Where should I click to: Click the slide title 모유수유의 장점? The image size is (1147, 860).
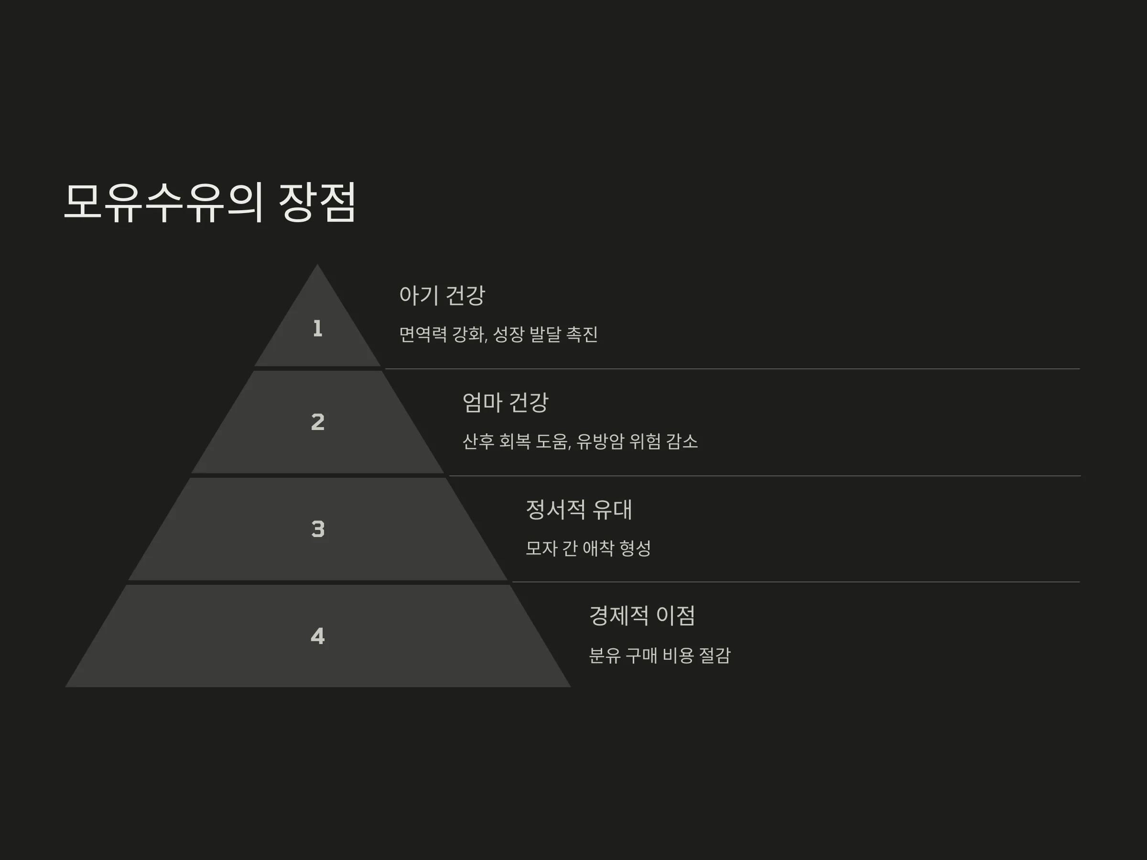click(210, 202)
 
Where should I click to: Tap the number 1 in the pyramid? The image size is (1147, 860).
click(318, 329)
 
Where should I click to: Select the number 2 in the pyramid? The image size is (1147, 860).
click(318, 422)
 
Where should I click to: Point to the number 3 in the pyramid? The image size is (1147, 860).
click(318, 529)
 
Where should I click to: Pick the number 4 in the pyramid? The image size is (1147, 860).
click(318, 636)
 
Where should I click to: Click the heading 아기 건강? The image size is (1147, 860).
click(442, 295)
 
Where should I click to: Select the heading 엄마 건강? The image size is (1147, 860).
click(505, 403)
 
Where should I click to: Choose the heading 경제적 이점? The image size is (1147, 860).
click(642, 616)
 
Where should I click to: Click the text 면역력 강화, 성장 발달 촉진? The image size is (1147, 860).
click(498, 334)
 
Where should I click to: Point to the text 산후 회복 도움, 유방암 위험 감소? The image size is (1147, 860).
click(580, 441)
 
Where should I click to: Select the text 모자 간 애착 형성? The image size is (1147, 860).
click(588, 548)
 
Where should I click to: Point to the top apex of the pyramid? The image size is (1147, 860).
click(317, 264)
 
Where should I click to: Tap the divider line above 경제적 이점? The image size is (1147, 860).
click(796, 582)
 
